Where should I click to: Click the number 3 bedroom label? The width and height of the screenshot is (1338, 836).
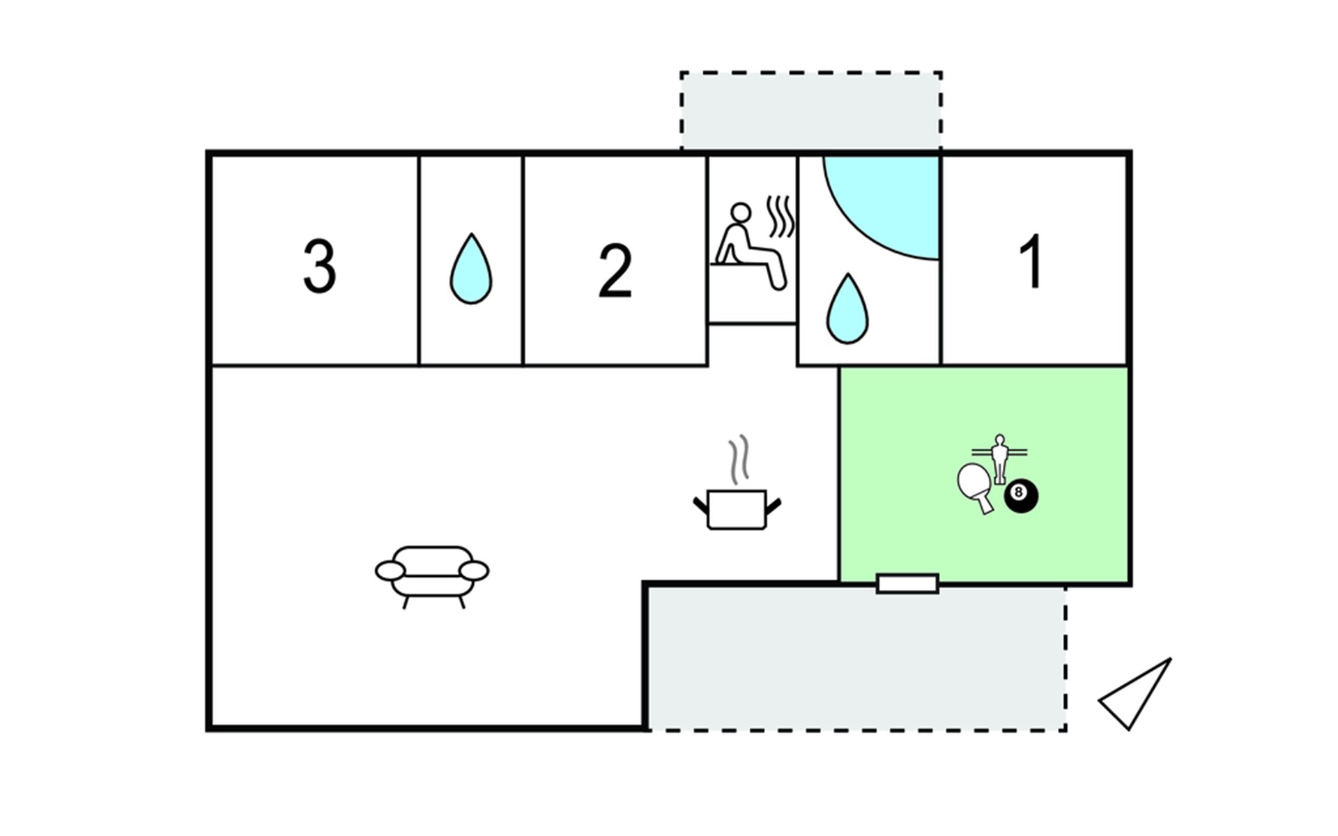pos(319,266)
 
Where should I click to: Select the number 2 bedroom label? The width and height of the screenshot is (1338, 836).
pos(615,272)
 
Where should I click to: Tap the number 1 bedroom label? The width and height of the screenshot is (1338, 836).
pos(1031,262)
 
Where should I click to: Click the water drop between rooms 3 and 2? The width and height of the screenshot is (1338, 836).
pos(471,270)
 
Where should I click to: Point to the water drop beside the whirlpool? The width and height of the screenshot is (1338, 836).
pos(847,309)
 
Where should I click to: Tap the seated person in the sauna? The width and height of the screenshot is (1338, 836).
pos(746,243)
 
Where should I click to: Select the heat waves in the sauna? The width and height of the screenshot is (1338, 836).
pos(781,217)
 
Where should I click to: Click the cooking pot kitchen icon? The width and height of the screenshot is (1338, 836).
pos(737,509)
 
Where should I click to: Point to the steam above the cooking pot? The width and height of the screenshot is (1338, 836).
pos(739,460)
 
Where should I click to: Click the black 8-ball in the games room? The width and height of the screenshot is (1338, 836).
pos(1020,496)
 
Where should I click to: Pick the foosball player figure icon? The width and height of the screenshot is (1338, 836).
pos(1000,456)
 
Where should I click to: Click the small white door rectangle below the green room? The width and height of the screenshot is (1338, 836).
pos(907,584)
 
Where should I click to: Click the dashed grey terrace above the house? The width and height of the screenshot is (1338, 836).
pos(811,111)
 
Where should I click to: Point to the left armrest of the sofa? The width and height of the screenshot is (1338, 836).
pos(390,571)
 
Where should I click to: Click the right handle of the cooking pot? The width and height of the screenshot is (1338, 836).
pos(773,505)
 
